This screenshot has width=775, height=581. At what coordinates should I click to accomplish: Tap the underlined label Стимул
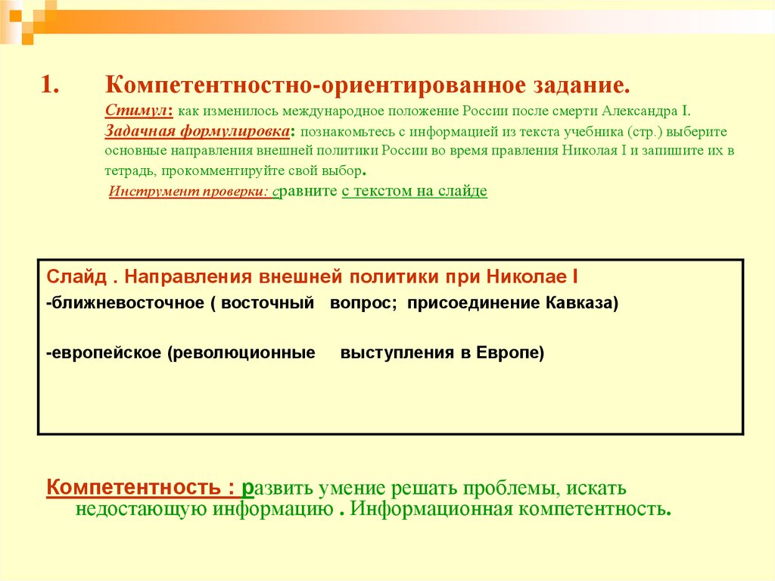139,111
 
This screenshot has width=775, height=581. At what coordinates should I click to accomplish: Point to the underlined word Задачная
138,131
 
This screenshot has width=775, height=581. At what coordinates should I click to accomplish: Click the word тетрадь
129,170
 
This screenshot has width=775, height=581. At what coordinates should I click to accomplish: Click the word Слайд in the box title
71,275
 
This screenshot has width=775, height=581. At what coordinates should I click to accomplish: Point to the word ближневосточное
125,304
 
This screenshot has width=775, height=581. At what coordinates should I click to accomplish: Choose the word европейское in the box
105,353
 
